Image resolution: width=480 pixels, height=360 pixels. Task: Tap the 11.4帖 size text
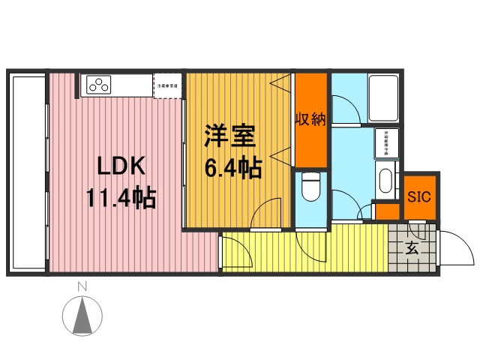[x=120, y=199]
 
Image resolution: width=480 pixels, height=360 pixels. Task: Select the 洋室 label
[x=232, y=136]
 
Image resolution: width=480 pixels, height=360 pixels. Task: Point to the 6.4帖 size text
[x=233, y=168]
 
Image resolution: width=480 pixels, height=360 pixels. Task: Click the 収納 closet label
[x=310, y=119]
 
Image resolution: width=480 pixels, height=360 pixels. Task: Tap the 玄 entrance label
[x=412, y=247]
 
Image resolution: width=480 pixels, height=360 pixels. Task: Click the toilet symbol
[x=310, y=187]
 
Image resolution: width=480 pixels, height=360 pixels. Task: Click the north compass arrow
[x=85, y=315]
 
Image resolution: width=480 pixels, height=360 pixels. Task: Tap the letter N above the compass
[x=84, y=286]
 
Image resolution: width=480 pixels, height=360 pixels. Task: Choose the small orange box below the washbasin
[x=387, y=211]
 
